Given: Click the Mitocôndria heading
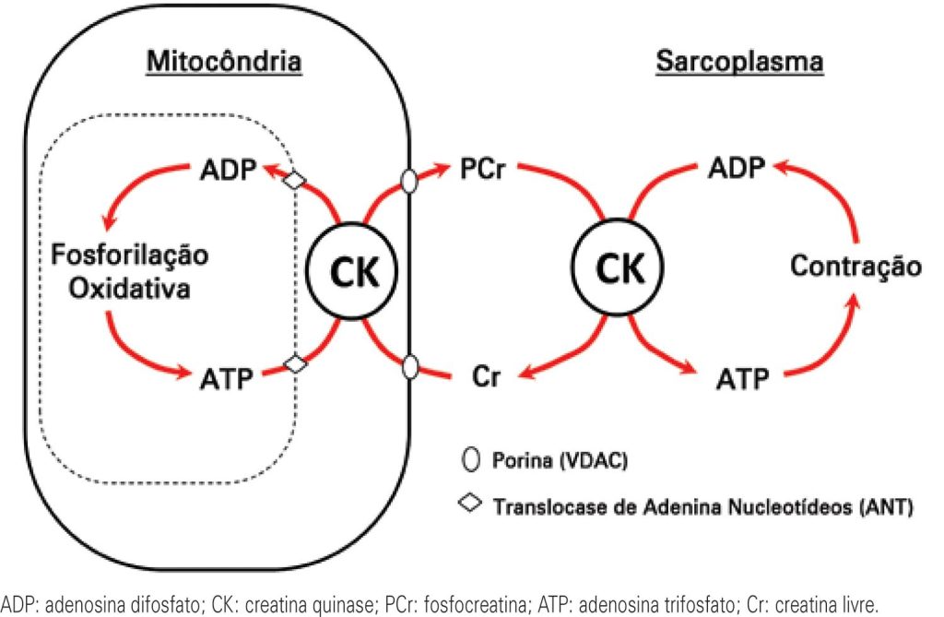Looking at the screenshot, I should pyautogui.click(x=225, y=63).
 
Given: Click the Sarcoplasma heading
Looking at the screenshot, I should pyautogui.click(x=739, y=63).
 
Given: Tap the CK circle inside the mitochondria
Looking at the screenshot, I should pyautogui.click(x=356, y=270).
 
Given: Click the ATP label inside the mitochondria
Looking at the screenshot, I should pyautogui.click(x=226, y=377).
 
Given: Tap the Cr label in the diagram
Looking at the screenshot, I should pyautogui.click(x=485, y=377).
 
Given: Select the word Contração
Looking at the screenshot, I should pyautogui.click(x=856, y=268).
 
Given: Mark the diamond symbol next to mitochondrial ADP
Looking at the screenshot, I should pyautogui.click(x=294, y=180).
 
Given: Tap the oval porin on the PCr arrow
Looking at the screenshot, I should pyautogui.click(x=409, y=180).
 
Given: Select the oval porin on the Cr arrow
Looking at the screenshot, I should pyautogui.click(x=409, y=368).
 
